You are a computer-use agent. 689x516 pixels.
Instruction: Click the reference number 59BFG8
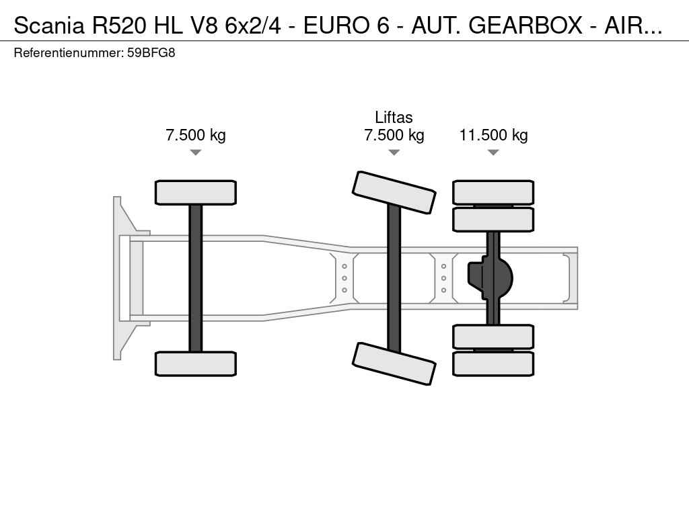tap(151, 52)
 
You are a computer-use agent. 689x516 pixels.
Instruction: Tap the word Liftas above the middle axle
tap(394, 118)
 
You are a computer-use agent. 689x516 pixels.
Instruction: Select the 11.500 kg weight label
tap(493, 135)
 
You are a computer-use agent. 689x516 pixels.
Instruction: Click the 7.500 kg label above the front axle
tap(195, 135)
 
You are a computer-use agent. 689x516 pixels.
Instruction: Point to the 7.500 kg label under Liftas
tap(394, 135)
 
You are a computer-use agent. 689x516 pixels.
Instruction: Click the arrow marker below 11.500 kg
tap(493, 153)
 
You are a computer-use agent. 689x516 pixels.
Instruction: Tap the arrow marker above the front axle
tap(195, 153)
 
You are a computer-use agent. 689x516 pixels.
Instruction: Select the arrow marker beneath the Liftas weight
tap(394, 153)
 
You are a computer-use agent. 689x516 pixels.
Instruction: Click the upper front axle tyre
tap(195, 192)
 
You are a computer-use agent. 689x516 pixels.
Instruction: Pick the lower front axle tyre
tap(195, 363)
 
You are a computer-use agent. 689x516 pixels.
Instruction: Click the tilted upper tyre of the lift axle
tap(394, 192)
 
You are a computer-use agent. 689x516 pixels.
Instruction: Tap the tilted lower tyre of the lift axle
tap(394, 363)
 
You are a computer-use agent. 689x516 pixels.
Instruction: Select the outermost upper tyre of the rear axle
tap(493, 192)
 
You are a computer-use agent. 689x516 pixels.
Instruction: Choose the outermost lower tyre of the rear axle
tap(493, 363)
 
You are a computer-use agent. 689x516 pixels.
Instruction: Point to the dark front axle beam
tap(195, 277)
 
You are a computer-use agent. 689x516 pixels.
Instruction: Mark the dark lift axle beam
tap(394, 277)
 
